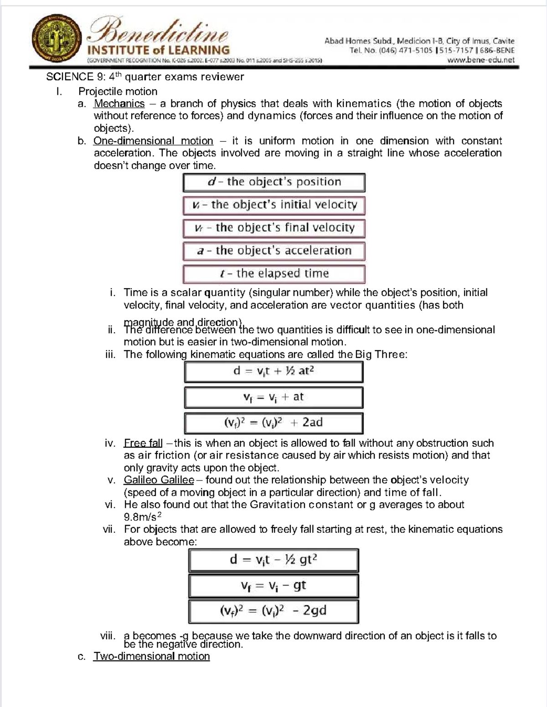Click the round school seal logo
tap(57, 39)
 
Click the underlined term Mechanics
tap(119, 103)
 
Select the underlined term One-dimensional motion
tap(153, 141)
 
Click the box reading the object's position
tap(274, 182)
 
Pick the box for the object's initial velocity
tap(274, 205)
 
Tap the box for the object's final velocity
tap(274, 228)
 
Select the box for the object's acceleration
tap(274, 251)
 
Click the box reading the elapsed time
tap(274, 274)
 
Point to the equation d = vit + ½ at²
tap(273, 372)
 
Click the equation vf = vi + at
tap(273, 397)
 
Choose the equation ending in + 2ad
tap(273, 423)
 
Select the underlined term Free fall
tap(143, 443)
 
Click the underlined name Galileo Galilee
tap(159, 480)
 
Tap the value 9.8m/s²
tap(143, 517)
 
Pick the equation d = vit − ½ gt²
tap(273, 560)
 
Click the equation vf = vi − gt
tap(273, 586)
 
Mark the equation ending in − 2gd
tap(273, 611)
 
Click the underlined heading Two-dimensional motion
tap(151, 656)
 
